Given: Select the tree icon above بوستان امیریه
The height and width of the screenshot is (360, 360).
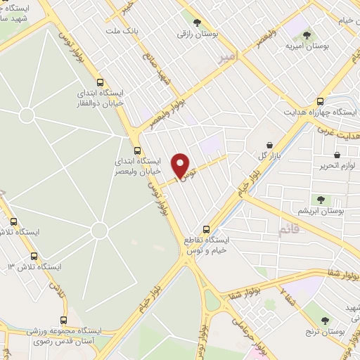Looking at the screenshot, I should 304,32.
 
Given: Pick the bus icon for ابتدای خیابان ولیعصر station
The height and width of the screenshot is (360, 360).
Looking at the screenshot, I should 137,149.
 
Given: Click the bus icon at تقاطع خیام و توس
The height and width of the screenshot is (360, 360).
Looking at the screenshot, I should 205,229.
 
